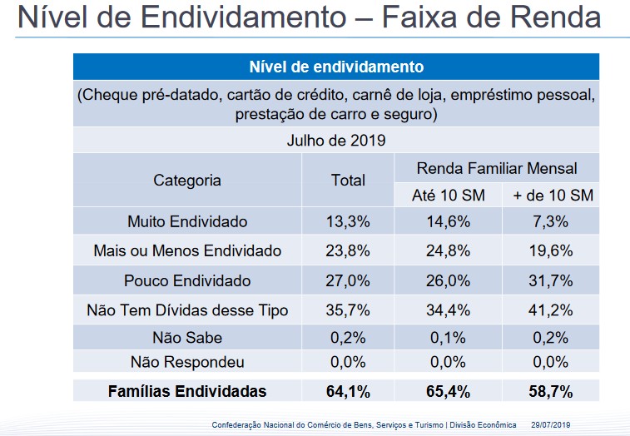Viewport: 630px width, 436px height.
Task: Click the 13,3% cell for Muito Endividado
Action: tap(348, 222)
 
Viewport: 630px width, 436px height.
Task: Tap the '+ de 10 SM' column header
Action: tap(553, 196)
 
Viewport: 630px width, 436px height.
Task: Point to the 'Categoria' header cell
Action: tap(187, 181)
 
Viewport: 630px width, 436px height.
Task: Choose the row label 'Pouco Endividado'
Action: tap(187, 280)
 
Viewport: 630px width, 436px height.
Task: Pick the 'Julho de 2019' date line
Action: tap(335, 140)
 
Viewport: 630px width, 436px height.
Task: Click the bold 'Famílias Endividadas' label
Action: tap(187, 391)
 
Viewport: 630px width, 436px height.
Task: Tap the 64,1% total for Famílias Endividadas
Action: tap(348, 391)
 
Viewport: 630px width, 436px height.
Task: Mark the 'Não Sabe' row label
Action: tap(187, 338)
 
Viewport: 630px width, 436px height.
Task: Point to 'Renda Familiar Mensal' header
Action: tap(497, 169)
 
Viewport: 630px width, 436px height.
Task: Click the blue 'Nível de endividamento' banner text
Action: tap(335, 67)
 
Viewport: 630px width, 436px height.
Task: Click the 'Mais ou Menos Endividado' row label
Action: tap(187, 250)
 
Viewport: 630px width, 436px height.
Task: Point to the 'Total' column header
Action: tap(348, 181)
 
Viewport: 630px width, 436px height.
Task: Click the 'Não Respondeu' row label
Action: tap(187, 363)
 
